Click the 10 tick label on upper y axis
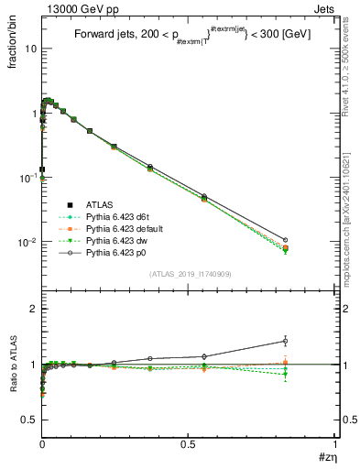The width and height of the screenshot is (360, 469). pos(29,49)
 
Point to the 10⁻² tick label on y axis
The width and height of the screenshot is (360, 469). pos(27,243)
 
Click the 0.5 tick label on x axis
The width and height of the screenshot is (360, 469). pos(188,445)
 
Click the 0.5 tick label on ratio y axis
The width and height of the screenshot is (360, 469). pos(27,420)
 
